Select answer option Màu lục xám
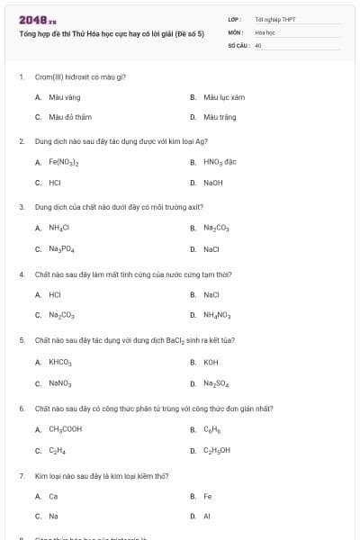(223, 96)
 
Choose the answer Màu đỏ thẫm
(67, 117)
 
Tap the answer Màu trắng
(219, 117)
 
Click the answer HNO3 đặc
(219, 162)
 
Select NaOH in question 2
(212, 183)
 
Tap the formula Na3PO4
(61, 249)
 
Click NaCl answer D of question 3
(211, 249)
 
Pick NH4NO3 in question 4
(217, 315)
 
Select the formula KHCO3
(59, 362)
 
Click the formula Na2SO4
(216, 383)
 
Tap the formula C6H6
(211, 429)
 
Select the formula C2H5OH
(217, 450)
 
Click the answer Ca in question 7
(53, 496)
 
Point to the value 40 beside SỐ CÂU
(258, 44)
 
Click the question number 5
(22, 340)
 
